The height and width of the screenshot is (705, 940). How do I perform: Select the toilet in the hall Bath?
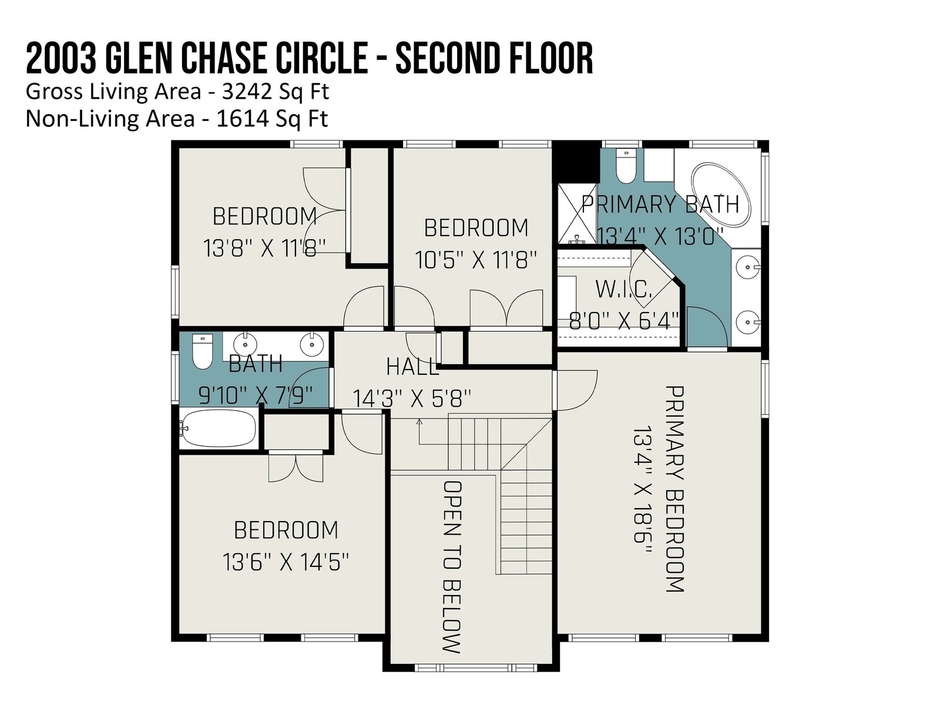tap(202, 351)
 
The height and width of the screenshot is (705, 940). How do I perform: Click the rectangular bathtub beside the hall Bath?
tap(219, 428)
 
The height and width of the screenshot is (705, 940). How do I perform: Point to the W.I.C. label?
tap(623, 290)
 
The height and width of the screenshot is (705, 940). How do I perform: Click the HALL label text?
tap(413, 367)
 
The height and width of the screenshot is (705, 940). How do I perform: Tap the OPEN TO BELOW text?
tap(452, 567)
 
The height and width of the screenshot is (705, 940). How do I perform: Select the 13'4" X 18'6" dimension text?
tap(642, 490)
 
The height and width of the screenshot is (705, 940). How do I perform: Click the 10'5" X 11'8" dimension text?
tap(476, 260)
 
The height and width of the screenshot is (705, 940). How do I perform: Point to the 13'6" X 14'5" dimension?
tap(286, 562)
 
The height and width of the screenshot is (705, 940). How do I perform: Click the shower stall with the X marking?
tap(577, 214)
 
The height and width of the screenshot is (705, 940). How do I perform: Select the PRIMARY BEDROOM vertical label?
tap(674, 489)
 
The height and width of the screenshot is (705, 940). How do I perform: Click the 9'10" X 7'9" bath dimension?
tap(256, 395)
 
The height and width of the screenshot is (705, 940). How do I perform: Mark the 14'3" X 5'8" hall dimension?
tap(412, 399)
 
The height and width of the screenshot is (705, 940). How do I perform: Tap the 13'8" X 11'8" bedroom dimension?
tap(264, 249)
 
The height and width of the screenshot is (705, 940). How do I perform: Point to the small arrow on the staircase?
tap(419, 422)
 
